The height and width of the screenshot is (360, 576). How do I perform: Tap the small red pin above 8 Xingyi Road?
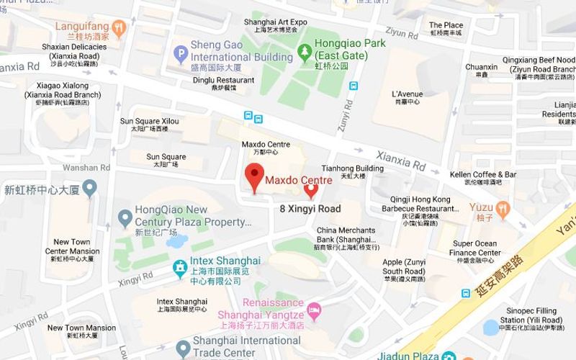click(311, 190)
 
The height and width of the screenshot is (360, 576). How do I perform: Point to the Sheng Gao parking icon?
click(181, 52)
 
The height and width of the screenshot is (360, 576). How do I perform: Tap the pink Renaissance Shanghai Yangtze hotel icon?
click(314, 310)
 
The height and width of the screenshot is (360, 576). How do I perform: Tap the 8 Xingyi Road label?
click(310, 209)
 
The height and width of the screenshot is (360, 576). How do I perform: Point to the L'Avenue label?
click(408, 94)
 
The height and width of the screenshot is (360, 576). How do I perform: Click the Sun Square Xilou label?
click(149, 121)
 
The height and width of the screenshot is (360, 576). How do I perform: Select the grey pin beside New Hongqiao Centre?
click(89, 189)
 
